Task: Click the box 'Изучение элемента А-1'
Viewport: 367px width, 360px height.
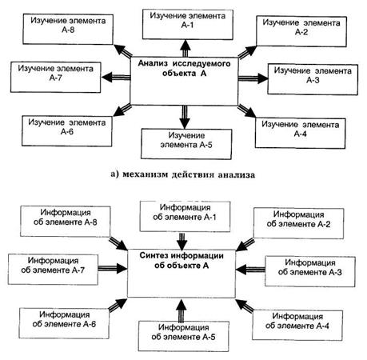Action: [188, 25]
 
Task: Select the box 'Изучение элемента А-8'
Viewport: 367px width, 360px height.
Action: [68, 29]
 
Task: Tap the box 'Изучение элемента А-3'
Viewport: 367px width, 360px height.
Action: [313, 79]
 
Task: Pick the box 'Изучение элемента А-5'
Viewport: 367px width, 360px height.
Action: [186, 144]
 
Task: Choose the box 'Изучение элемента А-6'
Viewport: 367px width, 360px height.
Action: [67, 131]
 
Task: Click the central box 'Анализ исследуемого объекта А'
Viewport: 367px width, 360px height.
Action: [184, 81]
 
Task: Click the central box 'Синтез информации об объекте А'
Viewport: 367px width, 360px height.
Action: [182, 274]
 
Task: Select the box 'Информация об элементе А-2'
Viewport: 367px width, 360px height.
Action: [298, 223]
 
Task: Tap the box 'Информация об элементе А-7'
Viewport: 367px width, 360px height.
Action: [53, 270]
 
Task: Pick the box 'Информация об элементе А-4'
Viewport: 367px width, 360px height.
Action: [297, 325]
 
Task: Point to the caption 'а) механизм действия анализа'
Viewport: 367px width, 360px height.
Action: [183, 174]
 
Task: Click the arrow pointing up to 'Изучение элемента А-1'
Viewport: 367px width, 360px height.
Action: [185, 49]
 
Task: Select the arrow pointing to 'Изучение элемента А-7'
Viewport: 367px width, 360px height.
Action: [116, 78]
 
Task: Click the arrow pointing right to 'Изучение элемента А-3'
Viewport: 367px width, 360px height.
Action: [253, 78]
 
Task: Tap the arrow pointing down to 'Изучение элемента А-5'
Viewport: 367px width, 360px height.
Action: [185, 117]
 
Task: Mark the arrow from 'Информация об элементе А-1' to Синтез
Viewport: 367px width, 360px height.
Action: [182, 242]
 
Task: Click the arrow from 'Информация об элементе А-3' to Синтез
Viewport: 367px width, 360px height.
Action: [250, 270]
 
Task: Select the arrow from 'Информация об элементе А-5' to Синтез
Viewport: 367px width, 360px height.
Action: [182, 310]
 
